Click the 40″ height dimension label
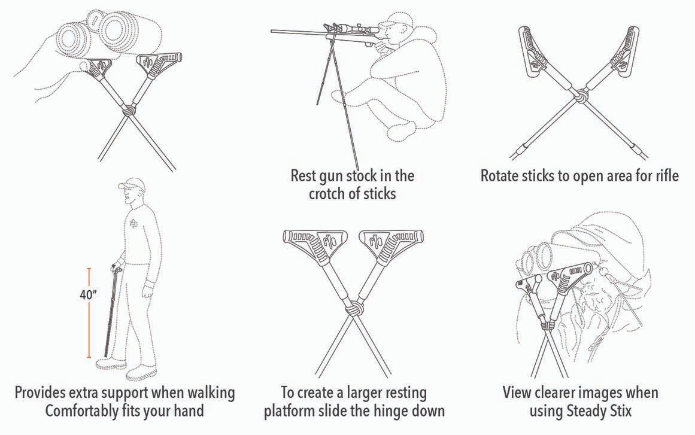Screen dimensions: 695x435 (88, 295)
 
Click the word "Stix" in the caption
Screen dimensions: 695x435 (619, 411)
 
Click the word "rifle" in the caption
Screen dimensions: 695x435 (667, 176)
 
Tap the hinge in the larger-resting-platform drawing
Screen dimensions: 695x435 (353, 309)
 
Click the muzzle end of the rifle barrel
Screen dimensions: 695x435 (272, 31)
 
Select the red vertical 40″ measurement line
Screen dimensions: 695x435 (89, 313)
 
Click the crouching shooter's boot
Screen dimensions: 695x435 (401, 130)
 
